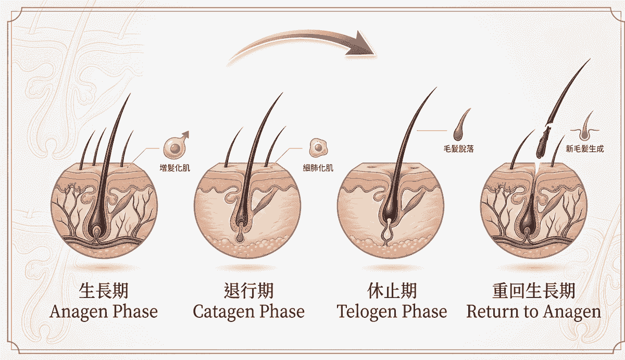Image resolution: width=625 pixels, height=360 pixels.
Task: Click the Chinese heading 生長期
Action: click(104, 291)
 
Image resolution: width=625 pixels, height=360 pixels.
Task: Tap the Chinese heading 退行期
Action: click(248, 291)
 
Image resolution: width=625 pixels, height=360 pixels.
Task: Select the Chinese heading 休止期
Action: click(392, 291)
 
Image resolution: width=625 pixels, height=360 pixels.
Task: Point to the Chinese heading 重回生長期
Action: click(533, 291)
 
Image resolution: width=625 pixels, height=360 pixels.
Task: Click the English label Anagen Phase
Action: click(104, 312)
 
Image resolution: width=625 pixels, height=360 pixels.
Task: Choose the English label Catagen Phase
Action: click(248, 312)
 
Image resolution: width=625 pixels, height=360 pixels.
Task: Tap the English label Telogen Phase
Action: click(392, 312)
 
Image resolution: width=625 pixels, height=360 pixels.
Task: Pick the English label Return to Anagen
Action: click(533, 312)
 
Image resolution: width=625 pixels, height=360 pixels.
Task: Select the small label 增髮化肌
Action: click(174, 168)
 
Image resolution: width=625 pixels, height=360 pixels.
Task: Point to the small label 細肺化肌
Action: click(318, 168)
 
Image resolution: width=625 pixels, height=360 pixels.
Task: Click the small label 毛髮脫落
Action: click(459, 149)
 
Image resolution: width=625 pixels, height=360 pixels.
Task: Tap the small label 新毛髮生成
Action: click(585, 149)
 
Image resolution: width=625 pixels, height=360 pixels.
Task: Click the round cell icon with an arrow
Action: click(175, 146)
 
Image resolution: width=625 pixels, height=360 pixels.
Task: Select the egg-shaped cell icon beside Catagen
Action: click(318, 147)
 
